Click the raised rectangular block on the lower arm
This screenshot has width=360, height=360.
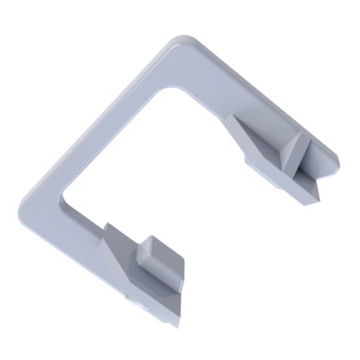pyautogui.click(x=154, y=257)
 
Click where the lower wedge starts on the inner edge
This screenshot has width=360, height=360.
pyautogui.click(x=106, y=228)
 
